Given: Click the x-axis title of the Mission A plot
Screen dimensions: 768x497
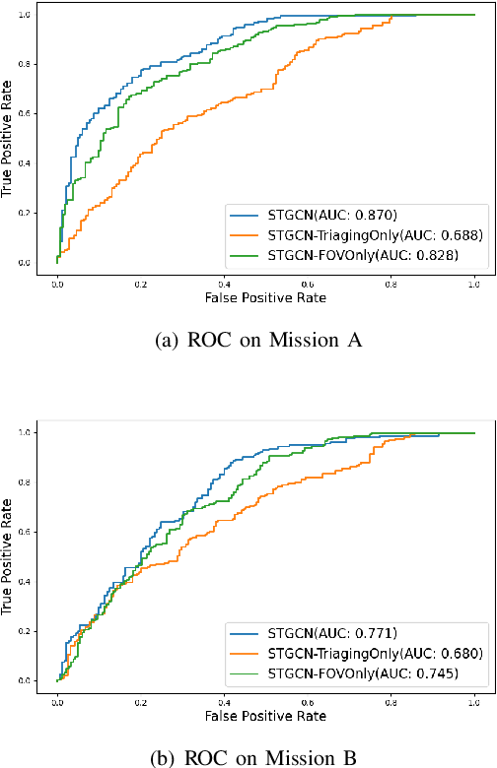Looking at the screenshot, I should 264,296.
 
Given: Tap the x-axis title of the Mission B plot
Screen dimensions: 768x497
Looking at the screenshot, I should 264,714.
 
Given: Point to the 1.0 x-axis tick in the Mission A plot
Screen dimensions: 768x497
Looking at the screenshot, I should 474,280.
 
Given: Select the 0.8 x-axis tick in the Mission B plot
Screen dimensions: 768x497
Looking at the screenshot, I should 390,697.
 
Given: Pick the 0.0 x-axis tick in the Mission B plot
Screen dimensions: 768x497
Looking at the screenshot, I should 57,697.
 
